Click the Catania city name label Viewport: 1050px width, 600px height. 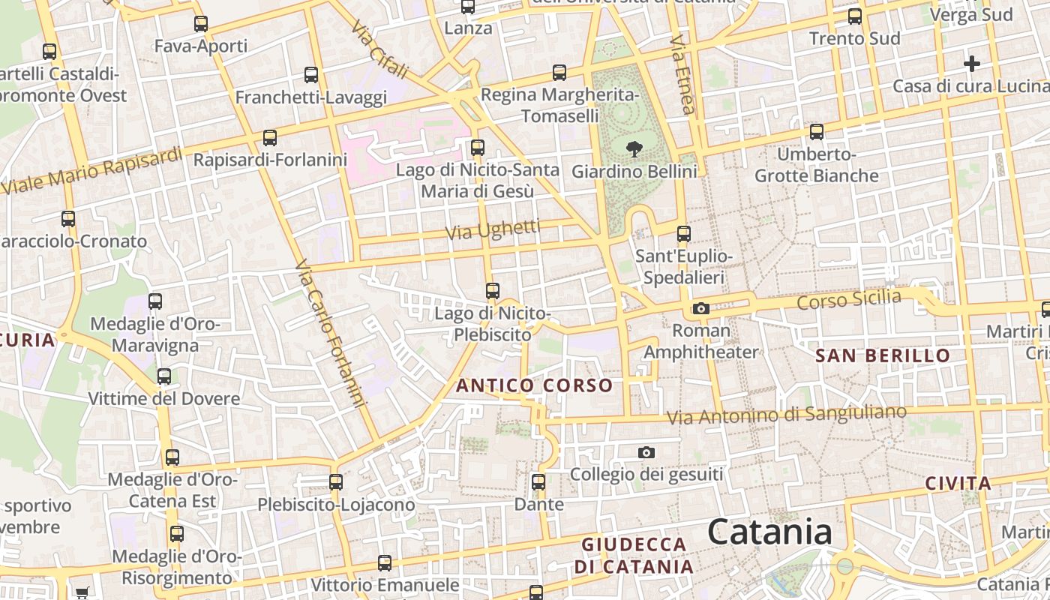pyautogui.click(x=769, y=532)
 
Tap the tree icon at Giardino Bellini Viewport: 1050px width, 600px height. pyautogui.click(x=634, y=148)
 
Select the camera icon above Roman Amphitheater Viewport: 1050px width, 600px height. pyautogui.click(x=701, y=308)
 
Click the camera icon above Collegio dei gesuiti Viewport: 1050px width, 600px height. pyautogui.click(x=646, y=452)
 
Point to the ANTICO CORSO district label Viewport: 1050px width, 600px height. pyautogui.click(x=535, y=385)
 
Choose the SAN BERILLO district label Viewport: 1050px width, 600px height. pyautogui.click(x=883, y=355)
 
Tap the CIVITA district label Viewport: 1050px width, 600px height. pyautogui.click(x=958, y=483)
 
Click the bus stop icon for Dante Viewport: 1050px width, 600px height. pyautogui.click(x=538, y=482)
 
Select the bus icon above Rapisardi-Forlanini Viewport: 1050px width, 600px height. pyautogui.click(x=270, y=138)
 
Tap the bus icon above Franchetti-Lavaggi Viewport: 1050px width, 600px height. pyautogui.click(x=311, y=75)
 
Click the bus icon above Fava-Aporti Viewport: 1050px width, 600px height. pyautogui.click(x=201, y=24)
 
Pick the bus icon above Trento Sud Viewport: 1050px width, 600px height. pyautogui.click(x=855, y=16)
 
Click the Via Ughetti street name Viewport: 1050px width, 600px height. pyautogui.click(x=493, y=230)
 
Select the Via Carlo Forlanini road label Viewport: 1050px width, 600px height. pyautogui.click(x=330, y=334)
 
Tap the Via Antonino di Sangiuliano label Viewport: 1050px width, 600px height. pyautogui.click(x=787, y=414)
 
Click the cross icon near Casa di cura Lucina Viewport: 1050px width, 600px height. pyautogui.click(x=972, y=64)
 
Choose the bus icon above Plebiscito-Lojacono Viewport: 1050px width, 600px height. pyautogui.click(x=336, y=481)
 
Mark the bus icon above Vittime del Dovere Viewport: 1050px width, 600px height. pyautogui.click(x=164, y=376)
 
